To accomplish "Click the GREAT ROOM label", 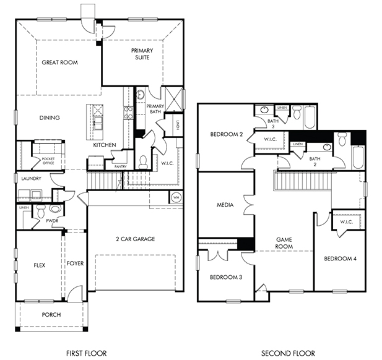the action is [x=59, y=62].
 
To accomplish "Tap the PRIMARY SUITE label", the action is [x=142, y=54].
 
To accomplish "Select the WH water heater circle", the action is [x=176, y=197].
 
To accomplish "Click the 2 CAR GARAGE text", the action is [x=135, y=239].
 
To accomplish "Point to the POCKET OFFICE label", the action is [x=48, y=161].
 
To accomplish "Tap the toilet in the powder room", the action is [x=40, y=211].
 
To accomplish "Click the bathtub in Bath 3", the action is [x=310, y=117].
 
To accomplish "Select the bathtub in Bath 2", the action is [x=358, y=158].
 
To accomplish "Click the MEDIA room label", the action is [x=225, y=205].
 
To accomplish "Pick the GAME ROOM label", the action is [x=284, y=243].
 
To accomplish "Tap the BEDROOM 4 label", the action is [x=340, y=259].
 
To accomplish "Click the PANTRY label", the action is [x=120, y=166].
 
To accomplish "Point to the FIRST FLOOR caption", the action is [x=86, y=353].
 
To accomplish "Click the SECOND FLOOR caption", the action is [x=288, y=353].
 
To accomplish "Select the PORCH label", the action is [x=51, y=315].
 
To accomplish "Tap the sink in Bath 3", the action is [x=264, y=109].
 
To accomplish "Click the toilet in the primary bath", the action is [x=143, y=162].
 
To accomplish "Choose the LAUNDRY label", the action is [x=31, y=179].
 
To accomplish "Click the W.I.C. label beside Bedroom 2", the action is [x=270, y=139].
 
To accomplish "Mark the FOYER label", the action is [x=75, y=264].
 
